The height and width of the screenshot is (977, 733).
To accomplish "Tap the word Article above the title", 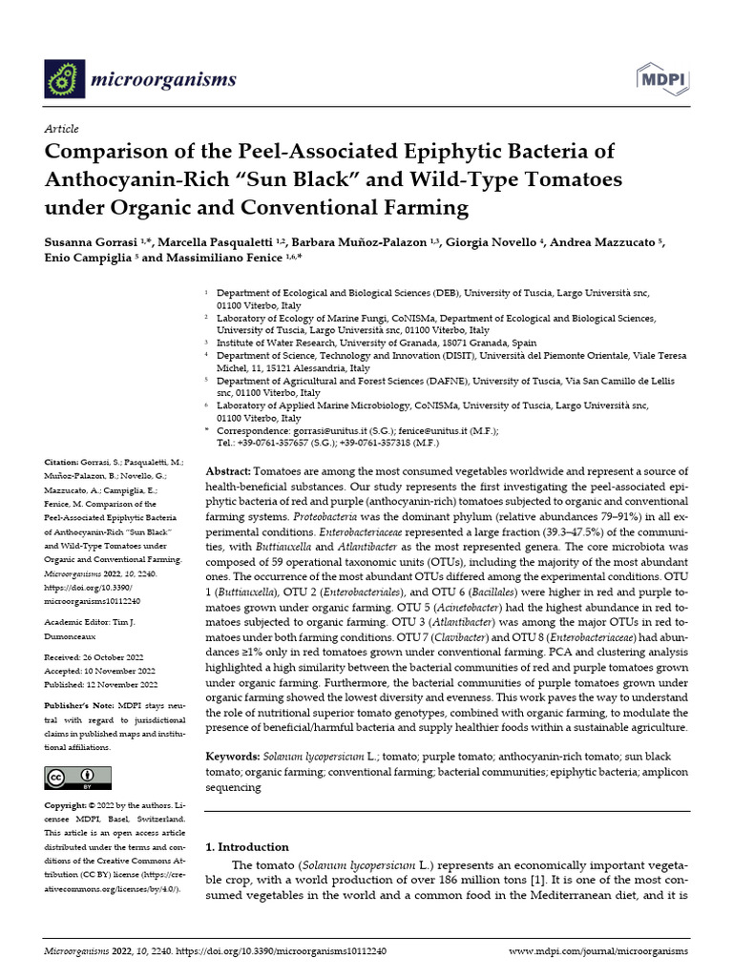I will [61, 129].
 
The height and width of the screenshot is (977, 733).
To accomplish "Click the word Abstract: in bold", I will [228, 472].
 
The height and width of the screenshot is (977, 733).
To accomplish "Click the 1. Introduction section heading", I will [247, 846].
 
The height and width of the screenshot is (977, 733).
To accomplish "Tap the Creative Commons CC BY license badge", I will [71, 778].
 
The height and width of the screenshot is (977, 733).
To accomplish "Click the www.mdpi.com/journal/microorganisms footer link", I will [598, 951].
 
